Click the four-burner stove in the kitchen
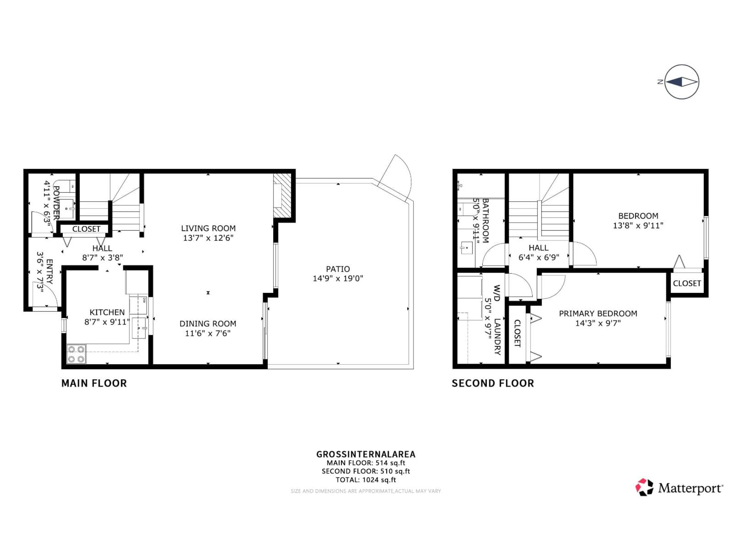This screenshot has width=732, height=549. pos(76,354)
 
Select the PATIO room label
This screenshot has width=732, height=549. pos(338,269)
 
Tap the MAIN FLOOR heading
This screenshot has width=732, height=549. pos(94,383)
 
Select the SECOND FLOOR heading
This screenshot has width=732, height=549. pos(493,383)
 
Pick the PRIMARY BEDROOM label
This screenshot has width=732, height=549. pos(598,313)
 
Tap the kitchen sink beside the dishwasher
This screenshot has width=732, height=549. pos(139,328)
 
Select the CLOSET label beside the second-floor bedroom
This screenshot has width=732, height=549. pos(687,283)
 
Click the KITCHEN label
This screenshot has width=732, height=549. pos(107,312)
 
